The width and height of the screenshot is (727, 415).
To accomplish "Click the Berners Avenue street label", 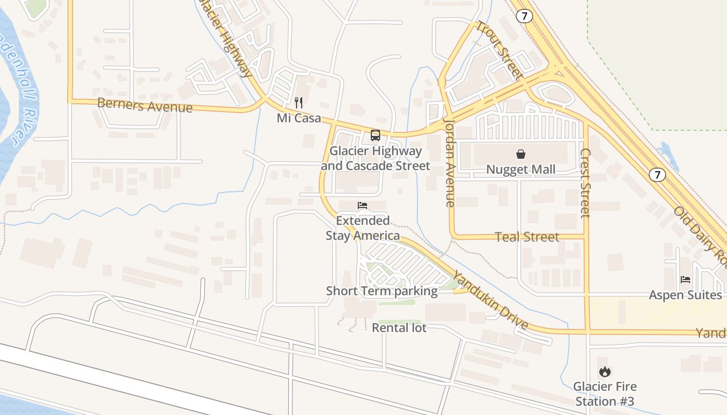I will [145, 105].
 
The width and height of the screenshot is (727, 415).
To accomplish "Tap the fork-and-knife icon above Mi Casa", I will [299, 103].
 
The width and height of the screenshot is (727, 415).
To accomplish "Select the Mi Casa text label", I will [299, 118].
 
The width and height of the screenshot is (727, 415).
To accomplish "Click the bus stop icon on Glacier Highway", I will [375, 135].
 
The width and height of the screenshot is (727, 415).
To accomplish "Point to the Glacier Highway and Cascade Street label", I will [375, 158].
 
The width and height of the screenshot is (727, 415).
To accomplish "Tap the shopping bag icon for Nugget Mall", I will [521, 154].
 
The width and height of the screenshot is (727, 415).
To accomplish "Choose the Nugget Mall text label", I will [521, 170].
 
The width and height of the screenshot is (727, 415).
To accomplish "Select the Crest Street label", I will [586, 183].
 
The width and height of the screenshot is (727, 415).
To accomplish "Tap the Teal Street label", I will [527, 237].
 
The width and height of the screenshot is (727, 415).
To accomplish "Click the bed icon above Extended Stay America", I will [362, 206].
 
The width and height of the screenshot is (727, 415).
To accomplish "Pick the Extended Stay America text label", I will [362, 228].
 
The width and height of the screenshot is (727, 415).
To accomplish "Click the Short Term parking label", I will [382, 291].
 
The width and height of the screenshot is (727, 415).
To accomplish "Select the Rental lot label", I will [399, 328].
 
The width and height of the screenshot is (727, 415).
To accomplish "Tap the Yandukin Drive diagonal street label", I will [490, 300].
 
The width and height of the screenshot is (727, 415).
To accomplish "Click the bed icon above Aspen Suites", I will [685, 280].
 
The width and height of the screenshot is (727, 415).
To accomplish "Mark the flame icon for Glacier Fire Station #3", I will [604, 371].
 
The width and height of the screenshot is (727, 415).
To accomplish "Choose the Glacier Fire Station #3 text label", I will [604, 394].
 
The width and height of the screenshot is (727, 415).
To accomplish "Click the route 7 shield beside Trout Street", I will [524, 16].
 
